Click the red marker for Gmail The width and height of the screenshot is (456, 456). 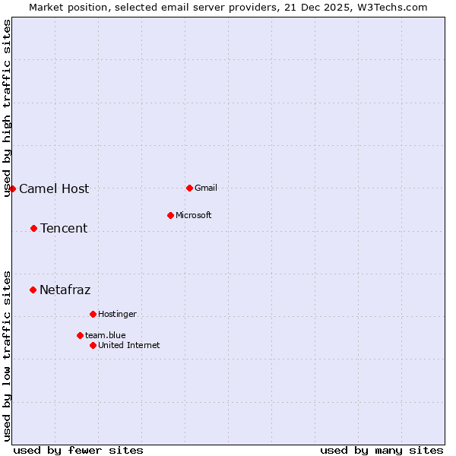click(x=189, y=188)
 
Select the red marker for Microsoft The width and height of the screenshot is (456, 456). click(x=170, y=215)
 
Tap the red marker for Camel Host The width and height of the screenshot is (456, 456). click(x=13, y=188)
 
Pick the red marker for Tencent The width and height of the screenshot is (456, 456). click(x=33, y=228)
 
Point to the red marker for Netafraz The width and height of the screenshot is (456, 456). click(x=33, y=290)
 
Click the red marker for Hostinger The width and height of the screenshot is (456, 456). click(x=93, y=314)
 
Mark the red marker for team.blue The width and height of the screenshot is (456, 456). click(x=80, y=335)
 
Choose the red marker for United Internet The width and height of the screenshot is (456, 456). click(x=93, y=345)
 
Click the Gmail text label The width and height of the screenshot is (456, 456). click(x=206, y=188)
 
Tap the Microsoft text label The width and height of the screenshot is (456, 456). click(x=194, y=215)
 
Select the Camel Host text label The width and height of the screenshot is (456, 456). click(x=54, y=188)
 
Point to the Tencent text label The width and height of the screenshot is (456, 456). click(x=64, y=228)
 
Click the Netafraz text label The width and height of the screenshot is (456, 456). click(x=65, y=290)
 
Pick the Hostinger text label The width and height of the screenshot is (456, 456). click(x=117, y=314)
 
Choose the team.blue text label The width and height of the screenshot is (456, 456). click(x=106, y=335)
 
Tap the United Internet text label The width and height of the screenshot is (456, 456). click(x=129, y=345)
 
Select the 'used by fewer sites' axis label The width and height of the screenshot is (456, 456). click(x=78, y=450)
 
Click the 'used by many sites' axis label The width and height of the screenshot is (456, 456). click(x=382, y=450)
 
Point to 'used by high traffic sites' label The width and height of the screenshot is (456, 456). click(x=8, y=108)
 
